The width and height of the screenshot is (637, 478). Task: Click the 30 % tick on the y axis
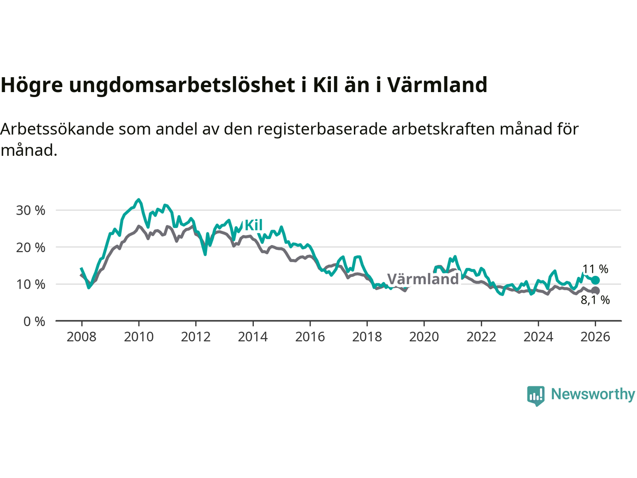point(31,211)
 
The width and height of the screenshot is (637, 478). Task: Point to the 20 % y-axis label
point(31,247)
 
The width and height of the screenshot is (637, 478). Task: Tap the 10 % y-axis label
point(31,284)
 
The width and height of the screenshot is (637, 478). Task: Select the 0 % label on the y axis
point(34,322)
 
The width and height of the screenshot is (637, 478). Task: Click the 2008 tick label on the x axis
point(82,337)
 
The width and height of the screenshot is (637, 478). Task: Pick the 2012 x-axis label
point(196,337)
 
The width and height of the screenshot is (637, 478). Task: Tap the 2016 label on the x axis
point(310,337)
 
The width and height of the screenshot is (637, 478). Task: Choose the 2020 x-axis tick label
point(424,337)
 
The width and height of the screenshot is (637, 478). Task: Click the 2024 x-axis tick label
point(538,337)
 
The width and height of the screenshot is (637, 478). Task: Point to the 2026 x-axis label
point(595,337)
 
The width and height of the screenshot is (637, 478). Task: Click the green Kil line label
point(253,226)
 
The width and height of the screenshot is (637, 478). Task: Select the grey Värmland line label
point(423,279)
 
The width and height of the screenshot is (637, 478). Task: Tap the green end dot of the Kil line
point(595,280)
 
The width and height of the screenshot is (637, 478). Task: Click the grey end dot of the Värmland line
point(595,291)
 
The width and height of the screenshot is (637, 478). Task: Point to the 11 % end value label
point(595,269)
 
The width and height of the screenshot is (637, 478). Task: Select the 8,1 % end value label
point(595,300)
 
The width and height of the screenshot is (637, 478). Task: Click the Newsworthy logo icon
point(536,396)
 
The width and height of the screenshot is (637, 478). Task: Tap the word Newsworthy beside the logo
point(593,394)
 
